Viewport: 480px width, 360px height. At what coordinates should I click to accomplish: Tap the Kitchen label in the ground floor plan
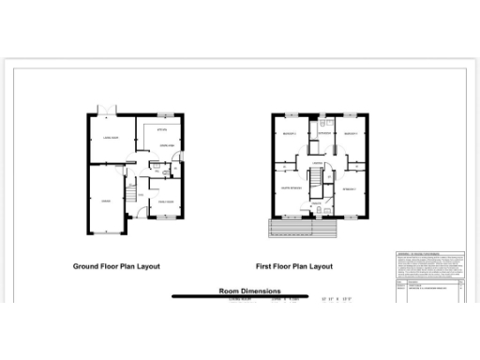161,129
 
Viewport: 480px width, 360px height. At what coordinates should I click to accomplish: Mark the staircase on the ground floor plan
132,195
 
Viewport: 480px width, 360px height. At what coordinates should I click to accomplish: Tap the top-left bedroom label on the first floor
289,133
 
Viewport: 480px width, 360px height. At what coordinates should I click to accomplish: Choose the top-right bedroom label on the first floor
351,133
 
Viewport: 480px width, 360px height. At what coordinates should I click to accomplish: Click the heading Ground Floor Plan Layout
116,266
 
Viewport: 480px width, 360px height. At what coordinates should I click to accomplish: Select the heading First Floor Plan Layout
295,266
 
